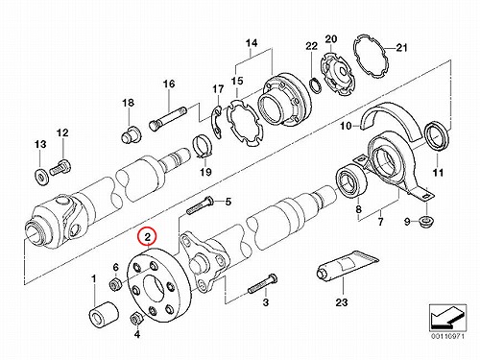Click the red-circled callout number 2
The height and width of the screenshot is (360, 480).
147,237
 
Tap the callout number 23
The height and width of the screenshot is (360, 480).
342,302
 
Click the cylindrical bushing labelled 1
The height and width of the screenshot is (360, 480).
103,316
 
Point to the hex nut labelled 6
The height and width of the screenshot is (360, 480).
115,283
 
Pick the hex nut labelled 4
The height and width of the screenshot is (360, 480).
136,318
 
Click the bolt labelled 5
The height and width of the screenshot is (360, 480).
200,204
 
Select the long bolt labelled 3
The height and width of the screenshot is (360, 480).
263,284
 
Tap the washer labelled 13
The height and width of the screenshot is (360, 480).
41,176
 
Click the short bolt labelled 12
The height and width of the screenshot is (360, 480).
60,167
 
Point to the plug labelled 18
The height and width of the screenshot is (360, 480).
131,134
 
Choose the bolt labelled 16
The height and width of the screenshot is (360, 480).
168,118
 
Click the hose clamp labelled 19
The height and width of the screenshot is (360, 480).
202,147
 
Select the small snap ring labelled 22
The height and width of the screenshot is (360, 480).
315,85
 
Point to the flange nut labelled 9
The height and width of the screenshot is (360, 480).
426,222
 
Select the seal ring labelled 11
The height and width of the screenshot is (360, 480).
437,135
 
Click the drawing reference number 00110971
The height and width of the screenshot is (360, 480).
447,336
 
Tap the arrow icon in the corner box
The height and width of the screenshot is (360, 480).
447,318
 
